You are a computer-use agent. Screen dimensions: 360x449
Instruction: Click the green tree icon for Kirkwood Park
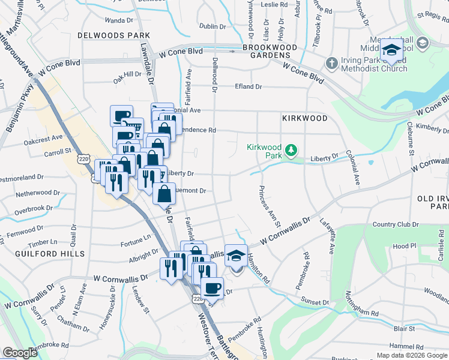click(x=291, y=149)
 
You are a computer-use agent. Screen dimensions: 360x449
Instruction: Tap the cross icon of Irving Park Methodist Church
click(x=331, y=62)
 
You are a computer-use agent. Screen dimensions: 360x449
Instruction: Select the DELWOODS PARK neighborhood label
click(x=113, y=35)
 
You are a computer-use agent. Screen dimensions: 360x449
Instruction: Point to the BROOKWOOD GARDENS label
click(x=270, y=51)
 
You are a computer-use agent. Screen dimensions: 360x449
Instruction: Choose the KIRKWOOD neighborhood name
click(x=305, y=118)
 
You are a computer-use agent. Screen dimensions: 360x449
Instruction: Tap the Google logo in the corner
click(x=20, y=353)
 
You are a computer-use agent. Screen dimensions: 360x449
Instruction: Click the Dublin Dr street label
click(x=212, y=26)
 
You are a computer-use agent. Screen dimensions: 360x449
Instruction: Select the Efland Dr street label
click(x=248, y=86)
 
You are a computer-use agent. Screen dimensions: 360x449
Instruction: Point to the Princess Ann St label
click(x=269, y=207)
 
